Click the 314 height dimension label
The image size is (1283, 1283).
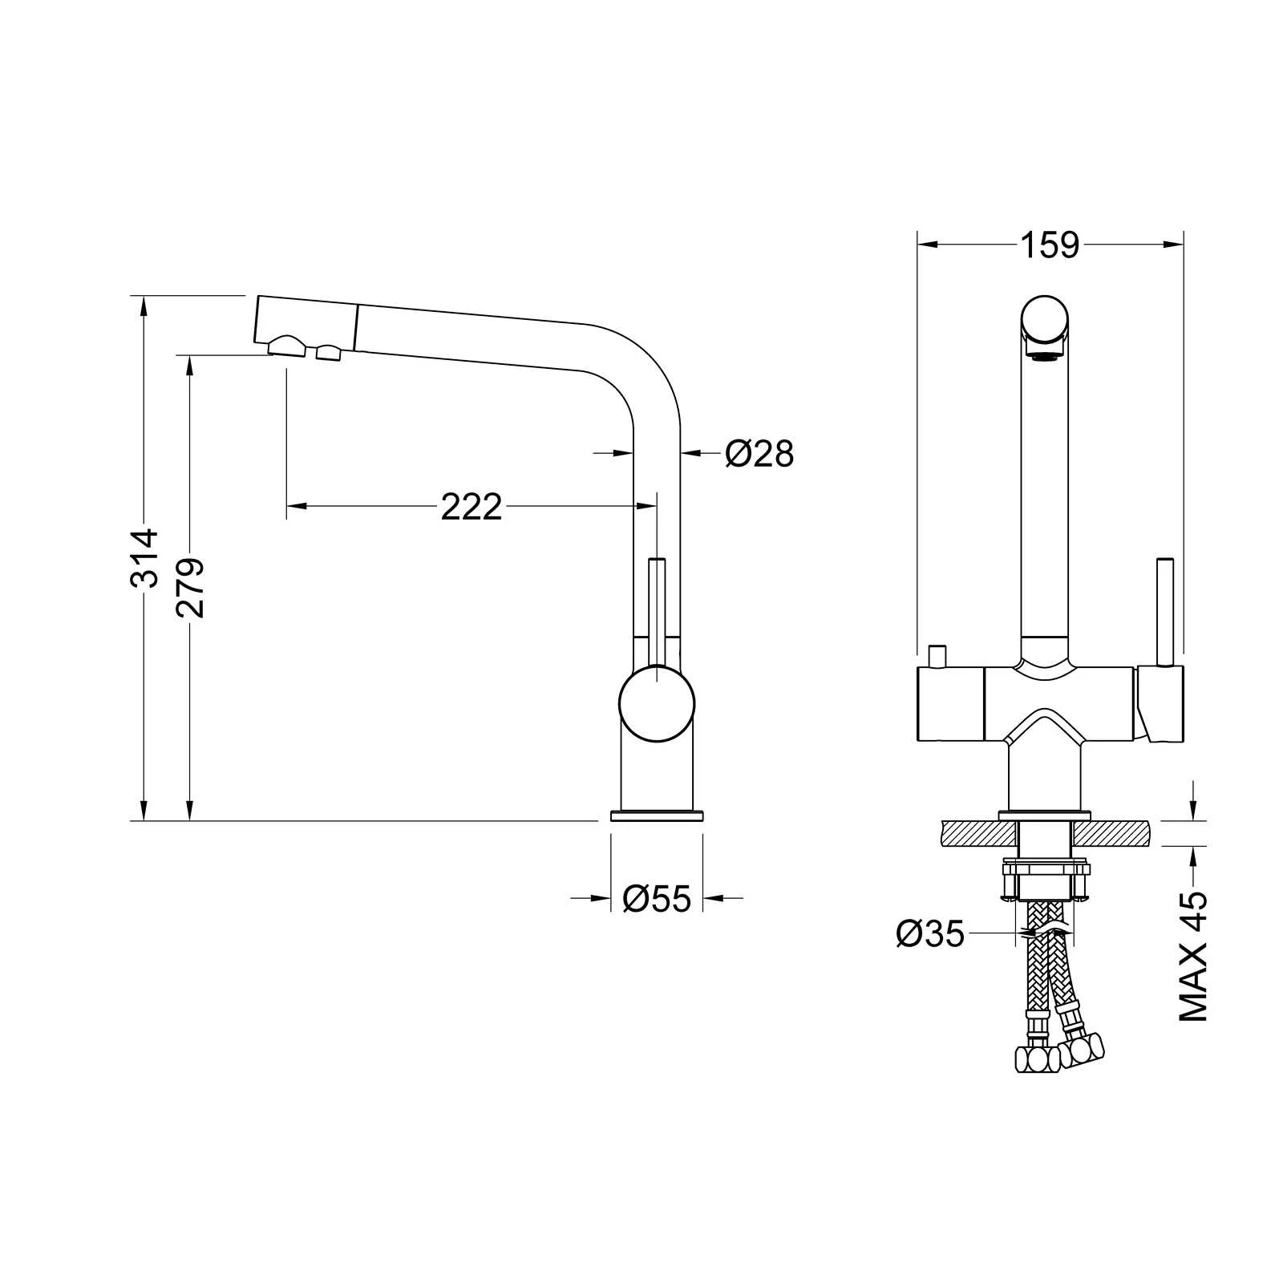(145, 559)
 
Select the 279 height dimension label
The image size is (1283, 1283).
(191, 588)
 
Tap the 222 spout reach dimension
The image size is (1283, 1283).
(472, 507)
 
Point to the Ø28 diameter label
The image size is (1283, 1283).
(759, 454)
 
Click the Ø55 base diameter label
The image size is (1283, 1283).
(656, 899)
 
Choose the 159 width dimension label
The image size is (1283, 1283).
(1050, 245)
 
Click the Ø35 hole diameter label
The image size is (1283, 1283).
(930, 934)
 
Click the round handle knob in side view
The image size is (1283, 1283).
(657, 704)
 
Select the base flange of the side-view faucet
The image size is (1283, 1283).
(657, 816)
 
